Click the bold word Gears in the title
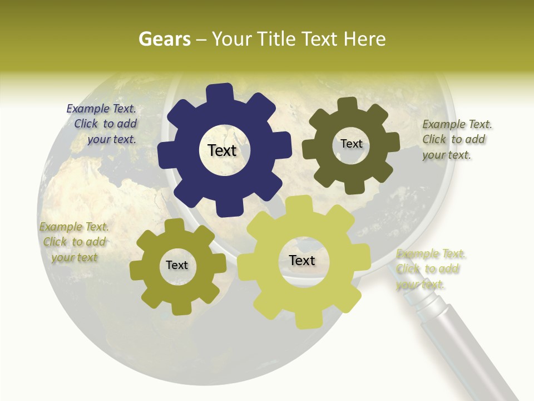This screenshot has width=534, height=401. (164, 39)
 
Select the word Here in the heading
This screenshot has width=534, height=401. (365, 39)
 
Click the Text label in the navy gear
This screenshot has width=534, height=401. (222, 150)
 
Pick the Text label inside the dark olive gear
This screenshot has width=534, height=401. (352, 144)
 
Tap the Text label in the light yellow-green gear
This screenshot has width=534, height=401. (302, 261)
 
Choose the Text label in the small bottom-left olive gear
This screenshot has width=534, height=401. (177, 266)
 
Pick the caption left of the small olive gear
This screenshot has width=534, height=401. (74, 242)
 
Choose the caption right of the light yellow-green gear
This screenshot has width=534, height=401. (429, 269)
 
